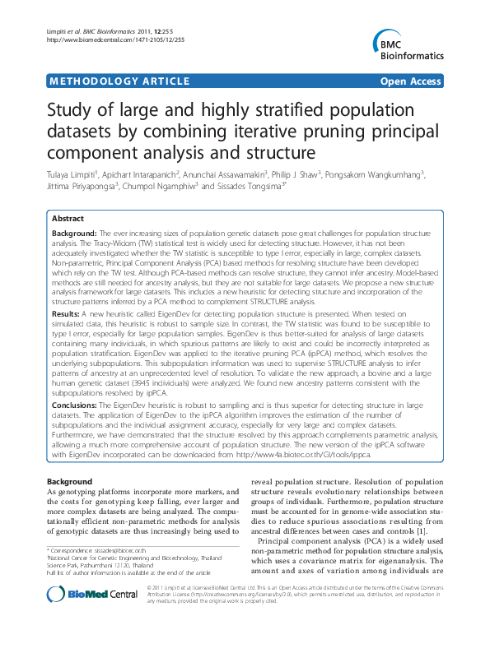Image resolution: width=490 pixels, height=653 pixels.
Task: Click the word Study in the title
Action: click(69, 113)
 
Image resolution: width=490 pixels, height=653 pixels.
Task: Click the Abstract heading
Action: click(68, 219)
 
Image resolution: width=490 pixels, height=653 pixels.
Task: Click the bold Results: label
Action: click(66, 292)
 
